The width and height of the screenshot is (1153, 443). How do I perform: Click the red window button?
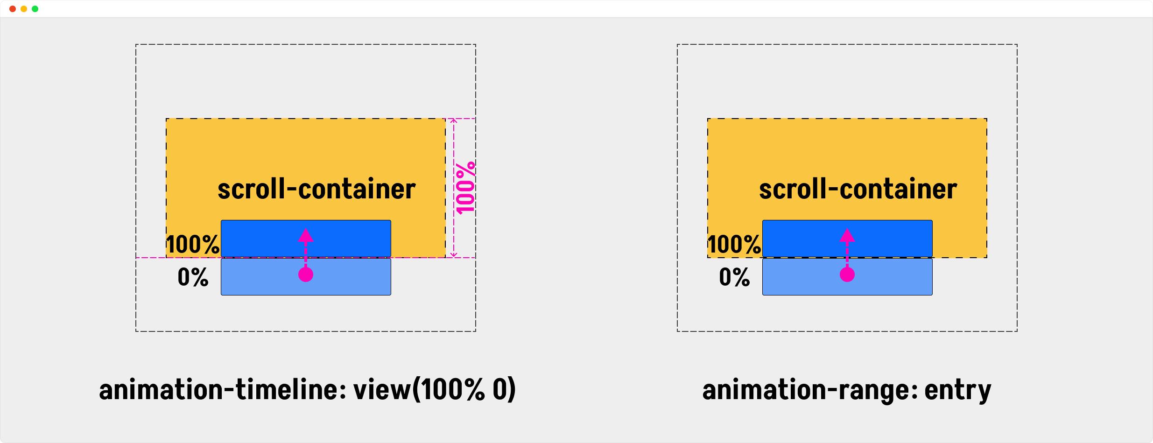[13, 9]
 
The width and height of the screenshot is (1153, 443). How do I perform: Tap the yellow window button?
[24, 9]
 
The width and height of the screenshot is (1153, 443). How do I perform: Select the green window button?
[35, 9]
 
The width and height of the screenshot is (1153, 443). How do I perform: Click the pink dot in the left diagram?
[306, 274]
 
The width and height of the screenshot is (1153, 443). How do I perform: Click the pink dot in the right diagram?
[847, 274]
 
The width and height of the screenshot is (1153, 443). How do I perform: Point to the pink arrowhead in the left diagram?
[306, 235]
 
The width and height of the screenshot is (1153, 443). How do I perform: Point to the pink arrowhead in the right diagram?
[847, 235]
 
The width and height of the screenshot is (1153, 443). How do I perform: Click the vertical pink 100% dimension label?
[466, 188]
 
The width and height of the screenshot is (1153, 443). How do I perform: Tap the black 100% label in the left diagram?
[193, 244]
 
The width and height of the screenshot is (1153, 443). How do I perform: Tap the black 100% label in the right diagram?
[734, 244]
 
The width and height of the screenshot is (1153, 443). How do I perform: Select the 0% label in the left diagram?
[193, 277]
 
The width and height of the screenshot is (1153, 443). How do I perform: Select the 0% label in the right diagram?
[734, 277]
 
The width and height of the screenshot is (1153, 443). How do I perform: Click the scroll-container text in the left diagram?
[316, 189]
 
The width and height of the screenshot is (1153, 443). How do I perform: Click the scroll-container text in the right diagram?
[858, 189]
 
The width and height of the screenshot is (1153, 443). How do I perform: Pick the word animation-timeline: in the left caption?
[223, 389]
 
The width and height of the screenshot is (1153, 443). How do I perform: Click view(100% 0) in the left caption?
[435, 389]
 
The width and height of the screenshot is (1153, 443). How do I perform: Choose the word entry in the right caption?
[957, 391]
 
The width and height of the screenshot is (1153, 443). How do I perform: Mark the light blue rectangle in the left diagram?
[306, 277]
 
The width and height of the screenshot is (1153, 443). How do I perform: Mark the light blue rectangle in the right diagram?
[847, 277]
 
